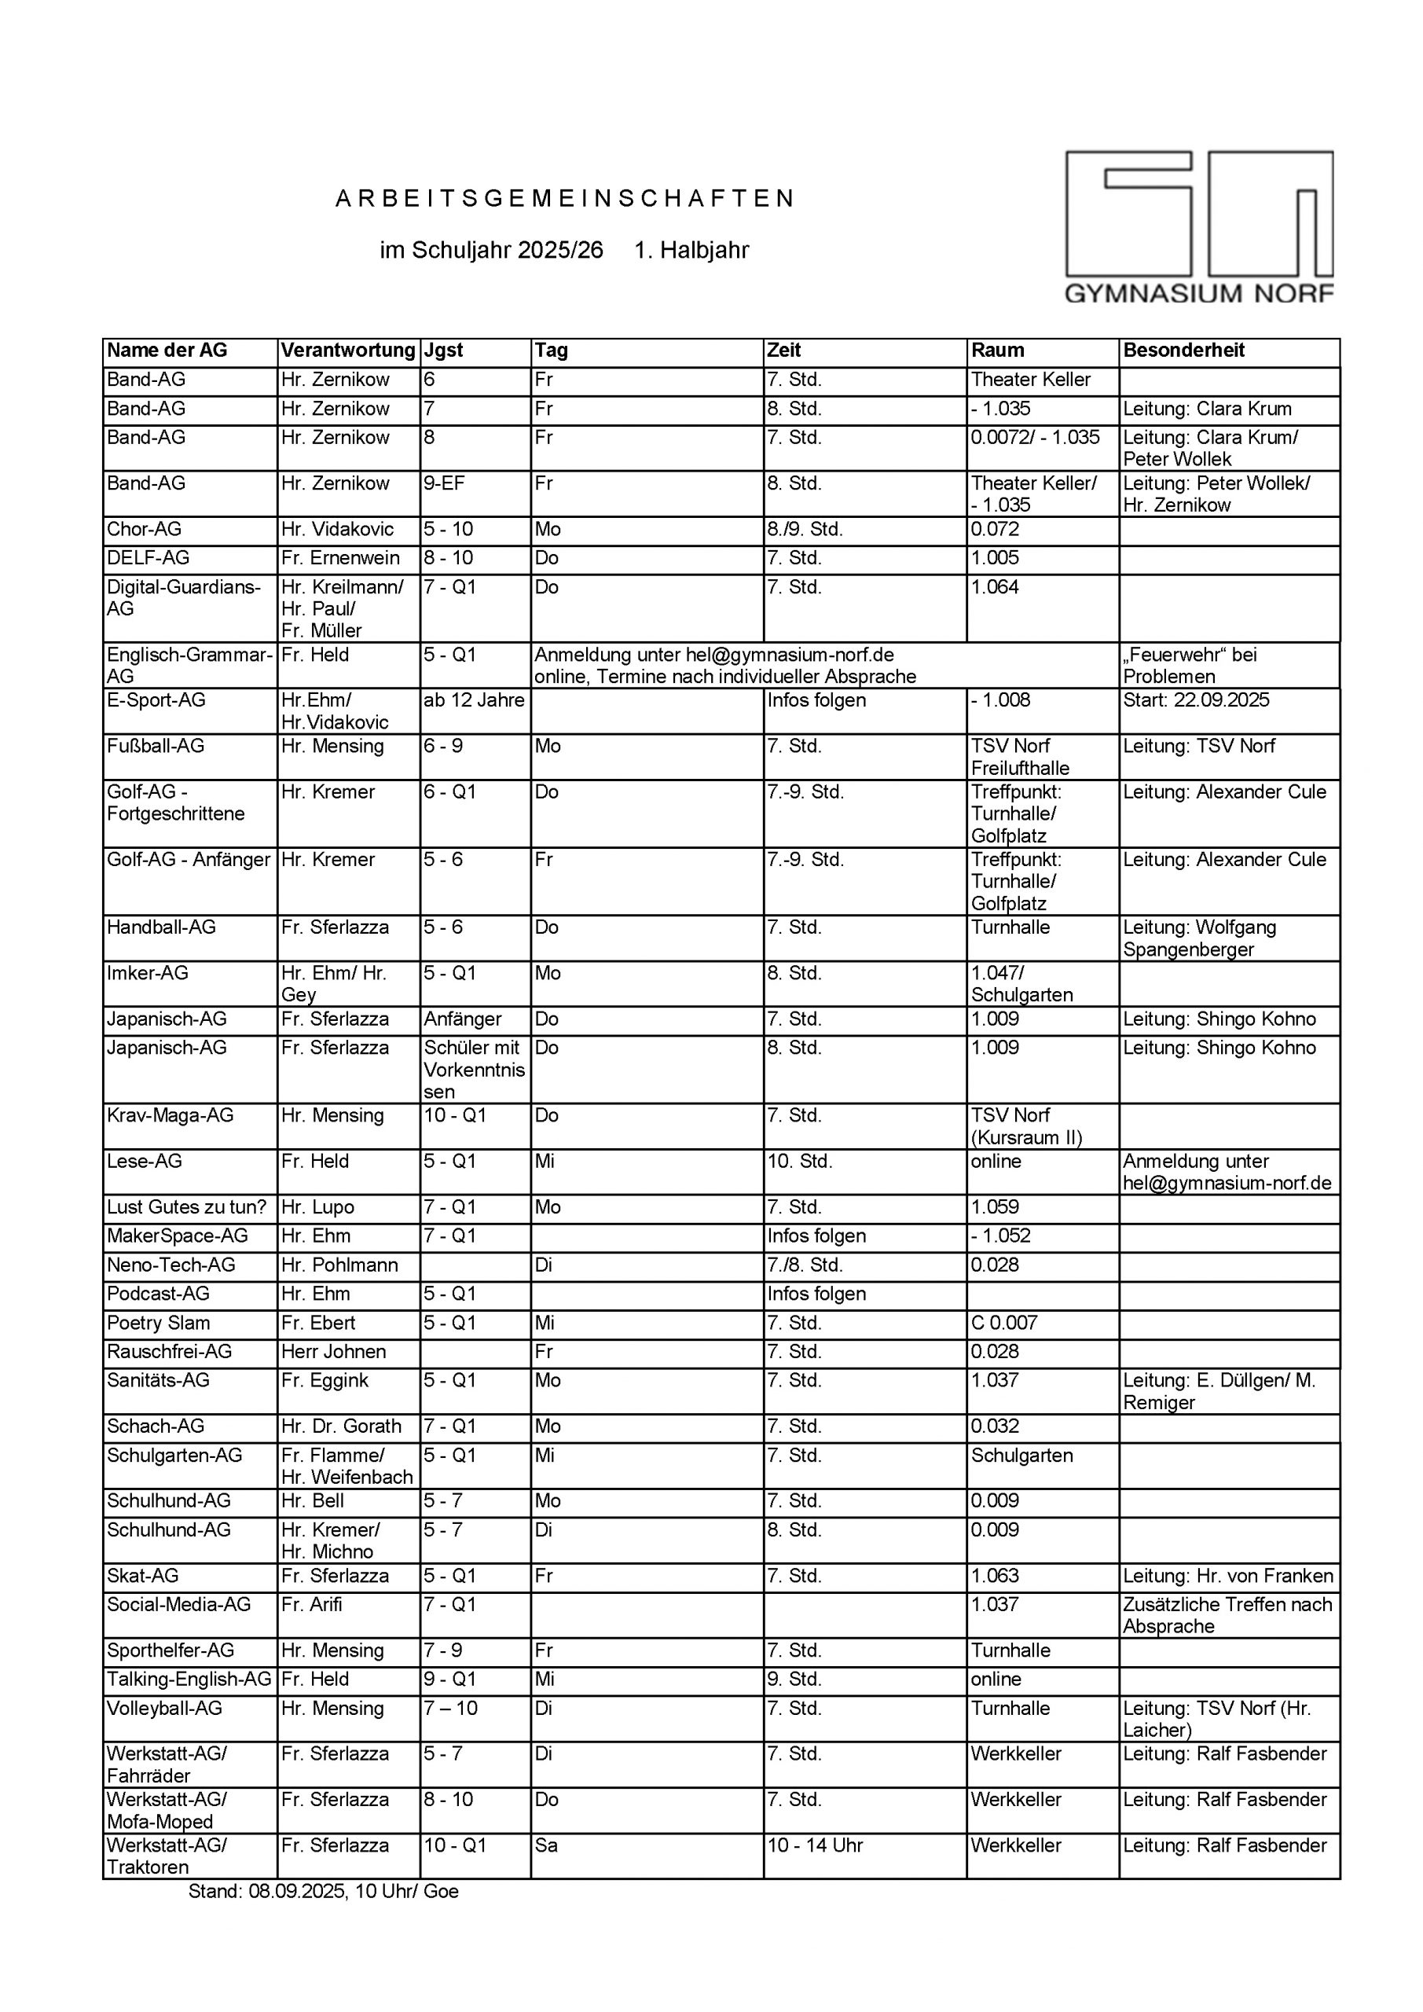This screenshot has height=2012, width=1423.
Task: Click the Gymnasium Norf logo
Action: tap(1199, 227)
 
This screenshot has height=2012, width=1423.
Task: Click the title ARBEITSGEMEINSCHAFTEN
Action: tap(565, 199)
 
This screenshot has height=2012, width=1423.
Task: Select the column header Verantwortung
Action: tap(348, 351)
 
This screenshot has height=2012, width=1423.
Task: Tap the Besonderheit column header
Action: tap(1184, 351)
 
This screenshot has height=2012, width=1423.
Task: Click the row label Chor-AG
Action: tap(145, 529)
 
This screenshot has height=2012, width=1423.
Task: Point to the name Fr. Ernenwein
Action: tap(340, 558)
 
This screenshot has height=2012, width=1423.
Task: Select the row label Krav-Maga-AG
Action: tap(170, 1115)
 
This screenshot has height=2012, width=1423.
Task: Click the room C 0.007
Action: tap(1004, 1324)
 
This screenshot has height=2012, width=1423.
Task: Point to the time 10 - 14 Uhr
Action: tap(815, 1845)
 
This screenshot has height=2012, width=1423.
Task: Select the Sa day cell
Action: tap(547, 1845)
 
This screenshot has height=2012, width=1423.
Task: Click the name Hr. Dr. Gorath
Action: tap(341, 1426)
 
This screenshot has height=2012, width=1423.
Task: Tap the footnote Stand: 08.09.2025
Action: tap(323, 1891)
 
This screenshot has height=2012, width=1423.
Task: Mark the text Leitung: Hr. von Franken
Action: tap(1227, 1576)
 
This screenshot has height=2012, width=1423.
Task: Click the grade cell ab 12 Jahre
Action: tap(474, 700)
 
